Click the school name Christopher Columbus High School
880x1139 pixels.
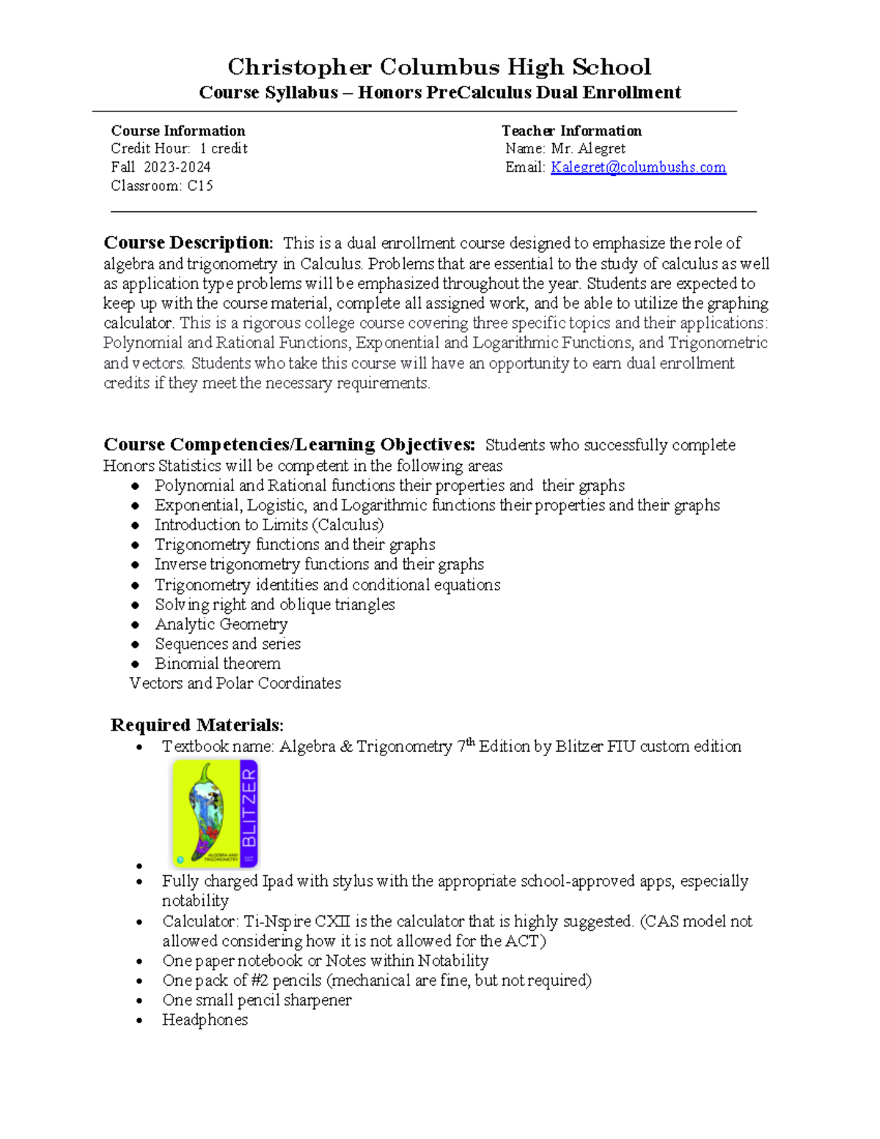coord(439,67)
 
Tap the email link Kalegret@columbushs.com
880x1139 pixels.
coord(638,167)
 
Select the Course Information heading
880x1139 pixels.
coord(178,131)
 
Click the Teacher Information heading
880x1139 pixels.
coord(571,131)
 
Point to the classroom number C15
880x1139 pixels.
coord(200,186)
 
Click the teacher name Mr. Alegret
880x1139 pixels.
coord(588,149)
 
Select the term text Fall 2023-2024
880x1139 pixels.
coord(161,167)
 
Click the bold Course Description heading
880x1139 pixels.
coord(188,243)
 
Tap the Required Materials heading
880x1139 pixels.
coord(197,725)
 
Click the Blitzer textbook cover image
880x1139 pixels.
coord(215,813)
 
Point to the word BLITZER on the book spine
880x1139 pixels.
coord(249,807)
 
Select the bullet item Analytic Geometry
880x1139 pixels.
coord(221,624)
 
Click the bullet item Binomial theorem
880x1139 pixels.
coord(217,664)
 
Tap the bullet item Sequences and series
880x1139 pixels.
coord(227,644)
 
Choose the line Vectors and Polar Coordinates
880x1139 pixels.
coord(235,684)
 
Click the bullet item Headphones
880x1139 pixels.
coord(205,1020)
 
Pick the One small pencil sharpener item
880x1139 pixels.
coord(257,1000)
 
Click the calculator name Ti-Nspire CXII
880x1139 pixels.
coord(296,921)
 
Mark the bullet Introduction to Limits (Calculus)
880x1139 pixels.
coord(268,525)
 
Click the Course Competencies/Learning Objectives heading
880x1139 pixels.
coord(289,444)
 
